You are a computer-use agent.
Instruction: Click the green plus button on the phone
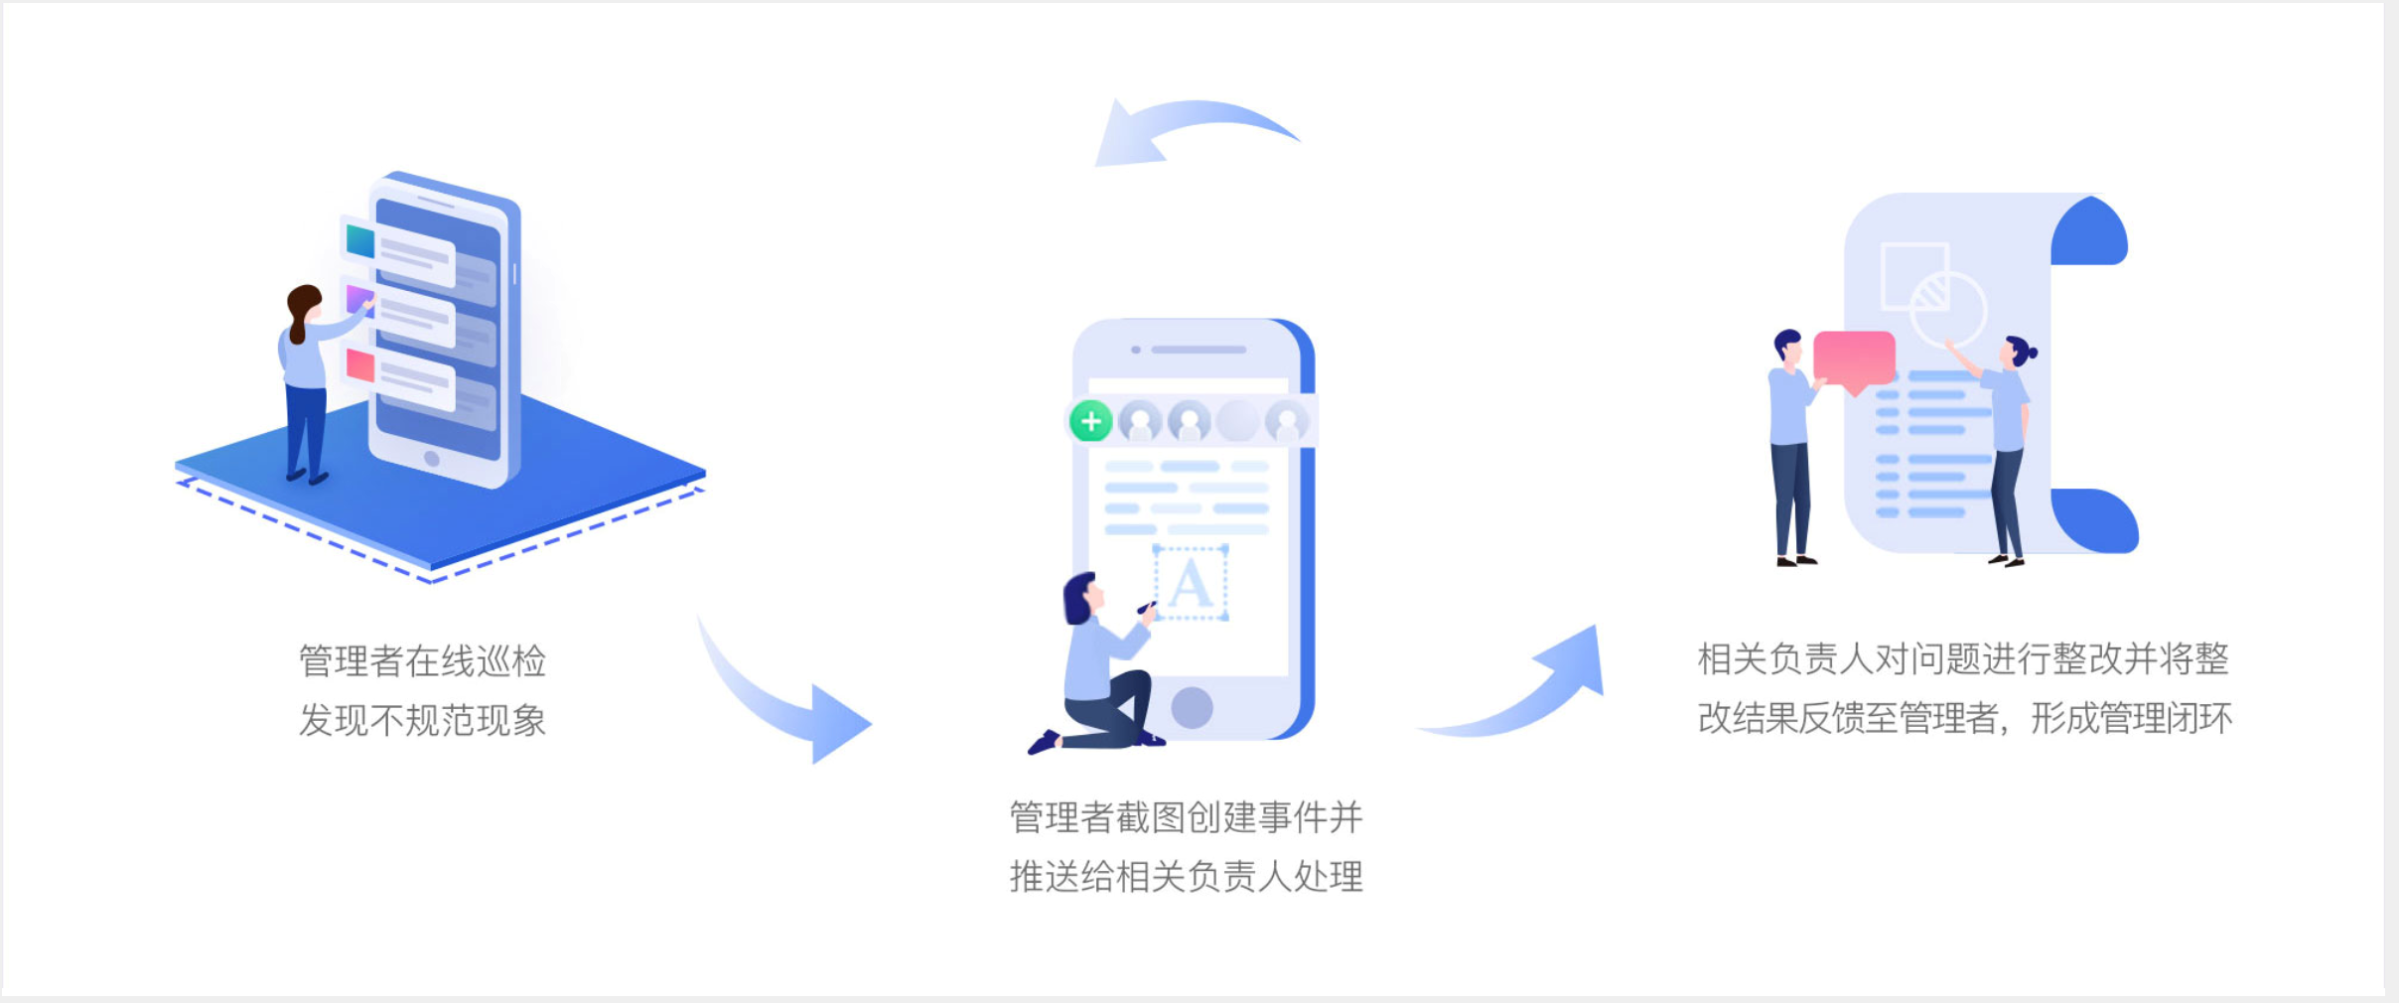(x=1090, y=421)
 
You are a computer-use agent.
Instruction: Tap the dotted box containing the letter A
(x=1191, y=583)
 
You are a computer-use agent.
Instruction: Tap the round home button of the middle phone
(x=1192, y=707)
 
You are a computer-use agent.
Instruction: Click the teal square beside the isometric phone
(x=359, y=240)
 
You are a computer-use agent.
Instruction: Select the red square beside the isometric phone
(x=359, y=364)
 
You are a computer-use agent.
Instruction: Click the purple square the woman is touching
(x=358, y=298)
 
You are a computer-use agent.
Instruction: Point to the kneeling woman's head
(x=1082, y=598)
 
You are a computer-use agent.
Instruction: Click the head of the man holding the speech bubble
(x=1788, y=347)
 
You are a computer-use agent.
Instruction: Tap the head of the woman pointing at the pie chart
(x=2019, y=353)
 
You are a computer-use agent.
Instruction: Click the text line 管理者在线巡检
(x=423, y=661)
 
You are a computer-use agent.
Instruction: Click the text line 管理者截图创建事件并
(x=1187, y=817)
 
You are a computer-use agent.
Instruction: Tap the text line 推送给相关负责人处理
(x=1187, y=877)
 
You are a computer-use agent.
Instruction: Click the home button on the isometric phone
(x=431, y=459)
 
